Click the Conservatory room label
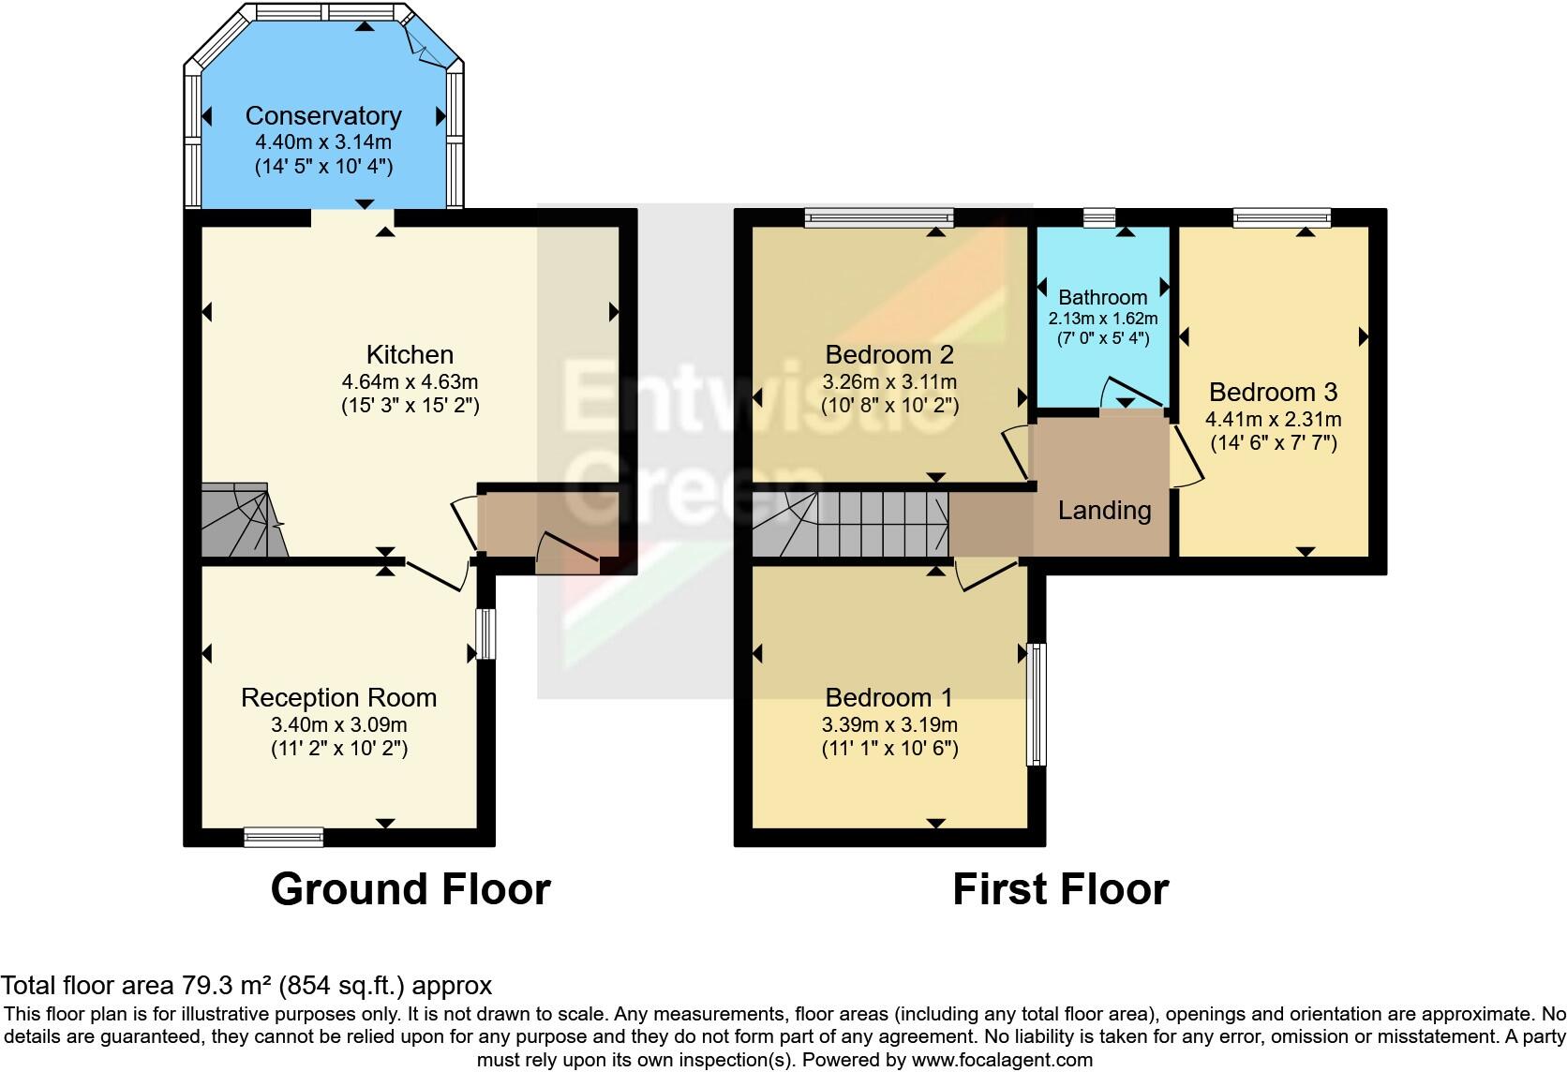(323, 115)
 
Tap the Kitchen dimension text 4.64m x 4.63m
(410, 381)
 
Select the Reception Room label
(338, 697)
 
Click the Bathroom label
(1102, 297)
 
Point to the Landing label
(1104, 510)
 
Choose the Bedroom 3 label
(1273, 392)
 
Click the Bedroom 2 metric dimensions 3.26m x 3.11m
(888, 381)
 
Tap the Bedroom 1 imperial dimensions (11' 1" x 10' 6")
(888, 748)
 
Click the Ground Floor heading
(410, 888)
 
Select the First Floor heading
(1060, 888)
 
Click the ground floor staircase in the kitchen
(240, 523)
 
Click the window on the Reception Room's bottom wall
(284, 836)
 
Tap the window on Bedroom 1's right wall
(1036, 704)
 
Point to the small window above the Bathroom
(1099, 218)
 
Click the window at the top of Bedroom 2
(879, 218)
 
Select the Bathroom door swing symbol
(1131, 394)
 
